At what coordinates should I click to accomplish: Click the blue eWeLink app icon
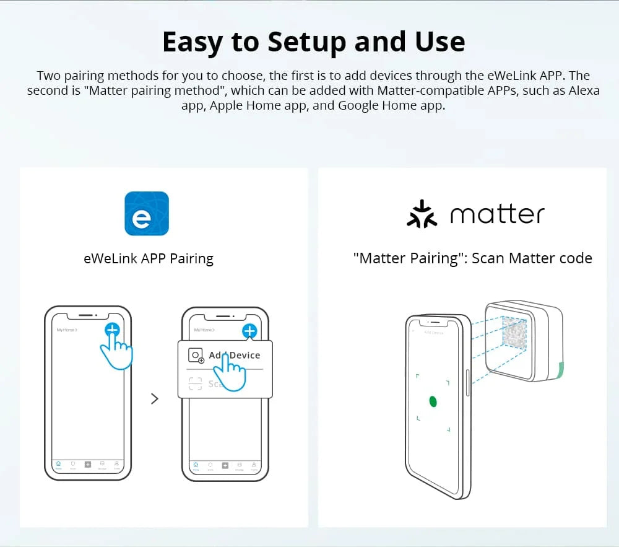coord(147,213)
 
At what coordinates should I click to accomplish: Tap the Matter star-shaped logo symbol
coord(422,214)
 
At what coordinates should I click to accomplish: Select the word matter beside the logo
coord(497,214)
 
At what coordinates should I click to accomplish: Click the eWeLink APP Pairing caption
coord(149,258)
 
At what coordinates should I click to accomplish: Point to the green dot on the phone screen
coord(433,401)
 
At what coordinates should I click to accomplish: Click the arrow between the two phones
coord(155,399)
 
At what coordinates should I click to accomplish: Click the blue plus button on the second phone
coord(249,331)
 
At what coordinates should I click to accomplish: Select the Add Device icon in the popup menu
coord(196,356)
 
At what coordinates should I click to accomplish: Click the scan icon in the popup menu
coord(196,384)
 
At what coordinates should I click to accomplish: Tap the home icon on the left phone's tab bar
coord(58,464)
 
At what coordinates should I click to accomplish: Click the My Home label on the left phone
coord(66,330)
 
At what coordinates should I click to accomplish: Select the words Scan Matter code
coord(532,258)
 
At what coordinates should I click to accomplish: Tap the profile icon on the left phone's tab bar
coord(116,464)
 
